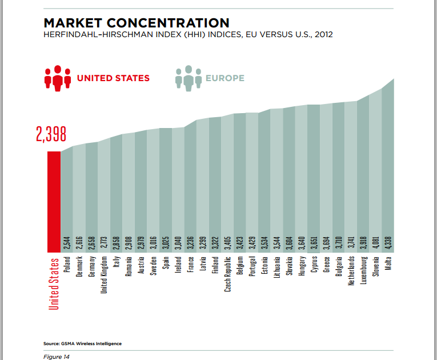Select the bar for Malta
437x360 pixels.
click(388, 171)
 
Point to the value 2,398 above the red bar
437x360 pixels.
click(51, 134)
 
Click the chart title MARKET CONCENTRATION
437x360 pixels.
click(137, 23)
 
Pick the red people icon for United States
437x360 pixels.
click(57, 78)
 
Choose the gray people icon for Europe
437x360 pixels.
click(189, 78)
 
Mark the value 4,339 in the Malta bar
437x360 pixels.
click(388, 241)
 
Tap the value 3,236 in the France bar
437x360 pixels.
click(190, 241)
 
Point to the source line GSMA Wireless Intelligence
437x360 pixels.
click(82, 343)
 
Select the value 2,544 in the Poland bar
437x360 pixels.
click(67, 242)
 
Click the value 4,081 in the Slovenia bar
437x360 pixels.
click(376, 241)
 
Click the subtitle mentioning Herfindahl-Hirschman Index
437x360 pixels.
click(188, 35)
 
